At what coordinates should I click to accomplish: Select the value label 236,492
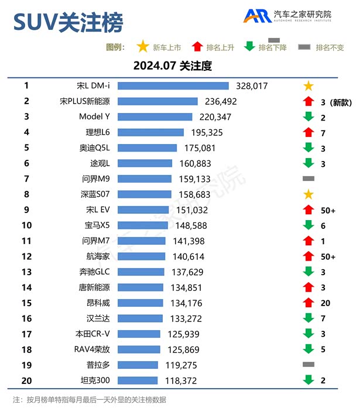click(x=218, y=101)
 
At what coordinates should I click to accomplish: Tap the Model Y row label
click(x=94, y=116)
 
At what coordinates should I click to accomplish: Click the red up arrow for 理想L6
click(x=309, y=132)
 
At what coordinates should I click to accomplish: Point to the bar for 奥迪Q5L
click(x=147, y=148)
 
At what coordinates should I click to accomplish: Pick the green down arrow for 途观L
click(x=309, y=163)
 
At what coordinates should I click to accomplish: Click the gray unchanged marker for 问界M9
click(x=309, y=179)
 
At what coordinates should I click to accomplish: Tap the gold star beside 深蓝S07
click(x=309, y=194)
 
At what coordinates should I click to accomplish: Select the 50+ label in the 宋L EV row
click(x=328, y=210)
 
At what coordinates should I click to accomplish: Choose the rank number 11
click(x=26, y=241)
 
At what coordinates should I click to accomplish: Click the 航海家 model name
click(x=97, y=256)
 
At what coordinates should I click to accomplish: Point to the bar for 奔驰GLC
click(x=141, y=272)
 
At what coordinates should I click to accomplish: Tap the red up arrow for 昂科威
click(x=309, y=303)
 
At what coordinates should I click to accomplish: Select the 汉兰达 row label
click(x=97, y=318)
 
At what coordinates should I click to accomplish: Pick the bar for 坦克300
click(x=138, y=380)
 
